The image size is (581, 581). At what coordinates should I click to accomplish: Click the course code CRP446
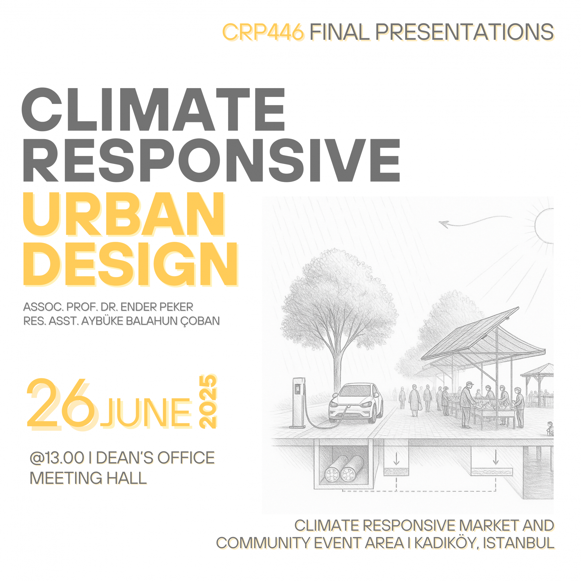point(263,32)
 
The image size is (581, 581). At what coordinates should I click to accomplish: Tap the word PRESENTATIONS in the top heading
point(465,32)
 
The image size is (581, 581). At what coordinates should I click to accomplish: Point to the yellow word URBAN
point(124,214)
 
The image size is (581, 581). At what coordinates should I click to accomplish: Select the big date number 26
point(61,404)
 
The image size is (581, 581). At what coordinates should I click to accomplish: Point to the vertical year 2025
point(208,401)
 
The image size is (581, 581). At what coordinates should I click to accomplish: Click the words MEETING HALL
point(88,478)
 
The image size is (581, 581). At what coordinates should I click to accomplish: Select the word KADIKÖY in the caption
point(447,543)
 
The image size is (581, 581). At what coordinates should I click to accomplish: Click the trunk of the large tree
point(337,367)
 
